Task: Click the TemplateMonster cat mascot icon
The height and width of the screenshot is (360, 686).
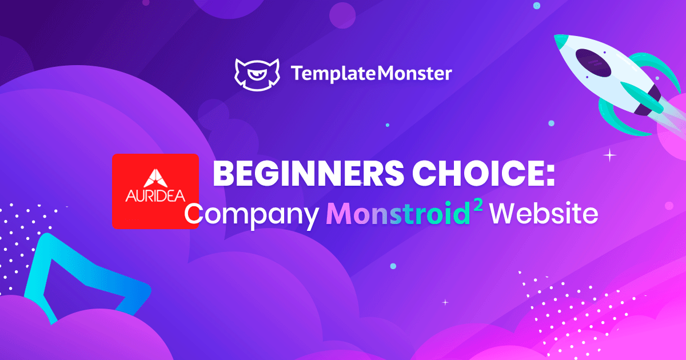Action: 257,75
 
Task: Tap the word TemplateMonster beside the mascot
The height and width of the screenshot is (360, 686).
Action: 372,74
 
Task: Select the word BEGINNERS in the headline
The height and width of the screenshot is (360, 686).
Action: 308,173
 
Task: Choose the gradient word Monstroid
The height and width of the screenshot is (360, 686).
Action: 398,213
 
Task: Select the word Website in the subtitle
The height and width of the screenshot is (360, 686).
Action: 544,213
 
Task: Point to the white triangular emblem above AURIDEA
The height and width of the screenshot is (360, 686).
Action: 155,178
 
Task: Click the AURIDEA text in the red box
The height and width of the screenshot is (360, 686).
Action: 155,196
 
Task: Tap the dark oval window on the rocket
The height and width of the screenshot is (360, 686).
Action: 593,63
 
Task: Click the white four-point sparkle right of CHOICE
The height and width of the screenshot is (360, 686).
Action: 610,155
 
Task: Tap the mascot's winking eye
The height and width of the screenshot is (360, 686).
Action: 257,74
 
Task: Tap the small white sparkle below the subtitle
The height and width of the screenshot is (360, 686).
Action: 445,302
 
